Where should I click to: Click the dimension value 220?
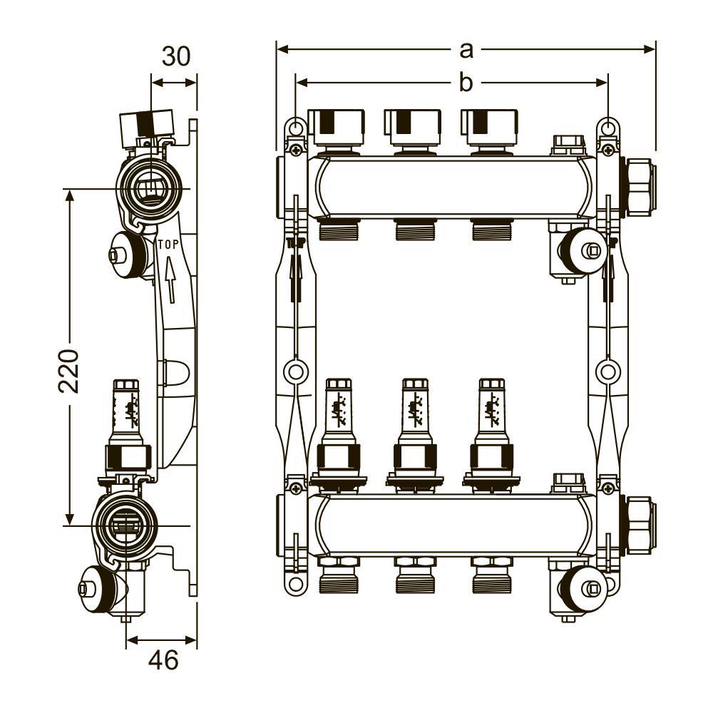(70, 371)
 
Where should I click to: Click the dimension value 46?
(164, 660)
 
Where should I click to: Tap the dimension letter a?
(466, 50)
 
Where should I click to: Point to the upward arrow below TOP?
(170, 279)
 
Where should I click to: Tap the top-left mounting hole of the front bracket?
(296, 128)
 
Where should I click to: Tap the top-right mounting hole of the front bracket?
(608, 128)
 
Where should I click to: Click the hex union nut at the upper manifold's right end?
(640, 188)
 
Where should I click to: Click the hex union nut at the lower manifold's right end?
(640, 525)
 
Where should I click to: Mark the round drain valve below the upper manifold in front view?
(582, 250)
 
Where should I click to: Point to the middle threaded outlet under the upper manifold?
(415, 229)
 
